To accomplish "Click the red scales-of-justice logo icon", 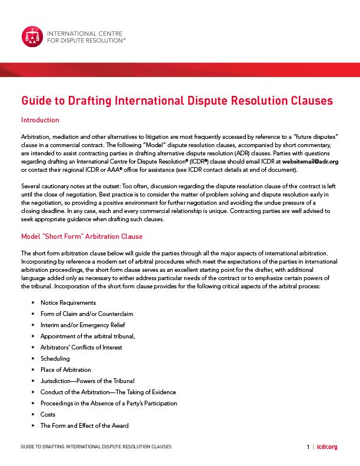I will click(32, 36).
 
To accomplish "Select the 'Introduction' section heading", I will click(40, 120).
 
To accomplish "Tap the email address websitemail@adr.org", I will click(310, 161).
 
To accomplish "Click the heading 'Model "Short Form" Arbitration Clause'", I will click(82, 237).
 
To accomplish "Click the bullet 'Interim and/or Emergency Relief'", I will click(82, 325).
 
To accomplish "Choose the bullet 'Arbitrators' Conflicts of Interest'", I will click(81, 347).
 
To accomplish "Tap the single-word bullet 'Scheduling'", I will click(55, 358).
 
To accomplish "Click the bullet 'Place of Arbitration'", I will click(65, 370).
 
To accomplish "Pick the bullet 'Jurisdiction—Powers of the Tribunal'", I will click(87, 381).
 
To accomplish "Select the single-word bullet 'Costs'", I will click(48, 414).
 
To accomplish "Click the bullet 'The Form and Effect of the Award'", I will click(84, 425).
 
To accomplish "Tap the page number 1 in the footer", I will click(308, 447).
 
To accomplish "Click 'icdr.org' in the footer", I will click(327, 447).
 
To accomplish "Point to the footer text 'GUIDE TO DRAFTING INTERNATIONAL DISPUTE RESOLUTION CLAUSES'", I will click(96, 447).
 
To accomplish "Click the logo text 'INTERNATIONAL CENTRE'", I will click(82, 33).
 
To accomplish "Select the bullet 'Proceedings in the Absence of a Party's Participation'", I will click(109, 403).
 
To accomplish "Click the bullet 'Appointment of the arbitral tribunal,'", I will click(88, 336).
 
